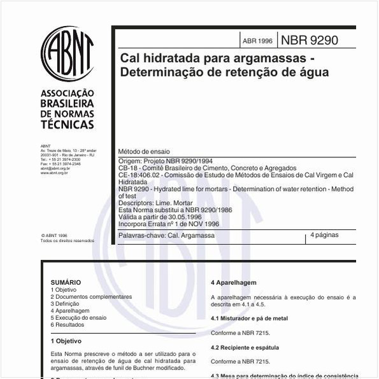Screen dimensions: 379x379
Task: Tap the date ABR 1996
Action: [257, 41]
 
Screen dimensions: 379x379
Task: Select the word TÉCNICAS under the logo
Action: [67, 124]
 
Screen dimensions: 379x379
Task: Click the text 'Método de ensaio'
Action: [144, 152]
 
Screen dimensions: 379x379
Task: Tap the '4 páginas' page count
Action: [324, 235]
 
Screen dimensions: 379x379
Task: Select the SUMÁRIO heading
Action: [66, 282]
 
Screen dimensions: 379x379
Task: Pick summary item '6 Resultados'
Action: [68, 325]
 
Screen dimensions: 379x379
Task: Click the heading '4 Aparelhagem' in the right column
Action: [233, 282]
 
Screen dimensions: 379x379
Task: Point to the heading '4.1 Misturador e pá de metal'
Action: [249, 318]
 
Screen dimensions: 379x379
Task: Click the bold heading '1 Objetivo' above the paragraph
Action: [66, 341]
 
